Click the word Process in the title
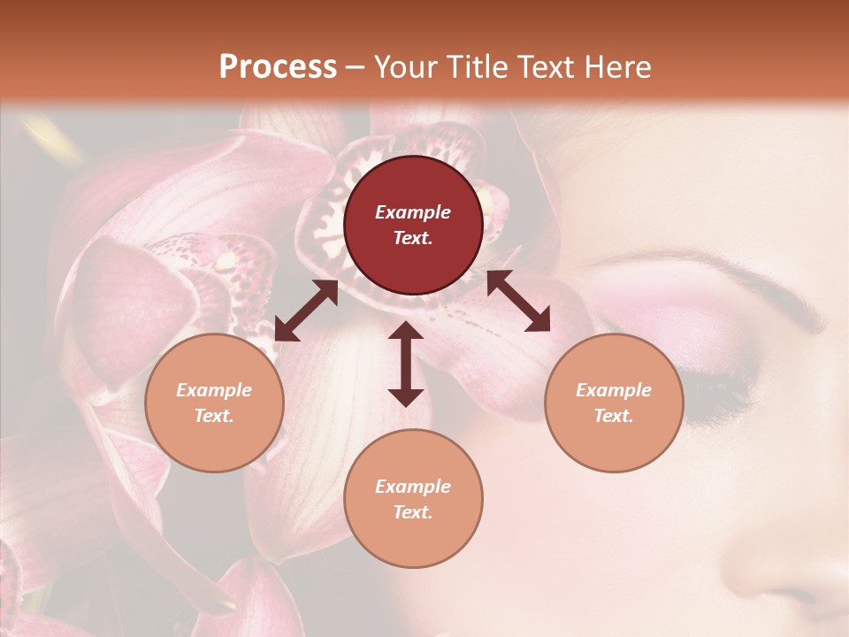click(x=278, y=67)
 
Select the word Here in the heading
click(x=616, y=67)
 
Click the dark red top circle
click(x=413, y=225)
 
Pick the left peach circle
click(x=214, y=403)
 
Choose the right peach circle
click(x=614, y=403)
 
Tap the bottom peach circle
click(x=413, y=499)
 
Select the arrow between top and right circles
click(x=518, y=301)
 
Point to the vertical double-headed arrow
click(x=406, y=364)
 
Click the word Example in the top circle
click(x=413, y=212)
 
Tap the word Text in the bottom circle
click(x=413, y=512)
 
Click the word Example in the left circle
click(x=214, y=390)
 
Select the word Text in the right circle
click(x=614, y=416)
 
